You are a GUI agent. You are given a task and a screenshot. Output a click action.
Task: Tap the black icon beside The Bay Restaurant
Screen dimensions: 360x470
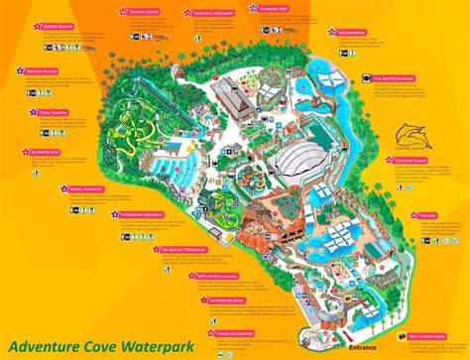pyautogui.click(x=362, y=77)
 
